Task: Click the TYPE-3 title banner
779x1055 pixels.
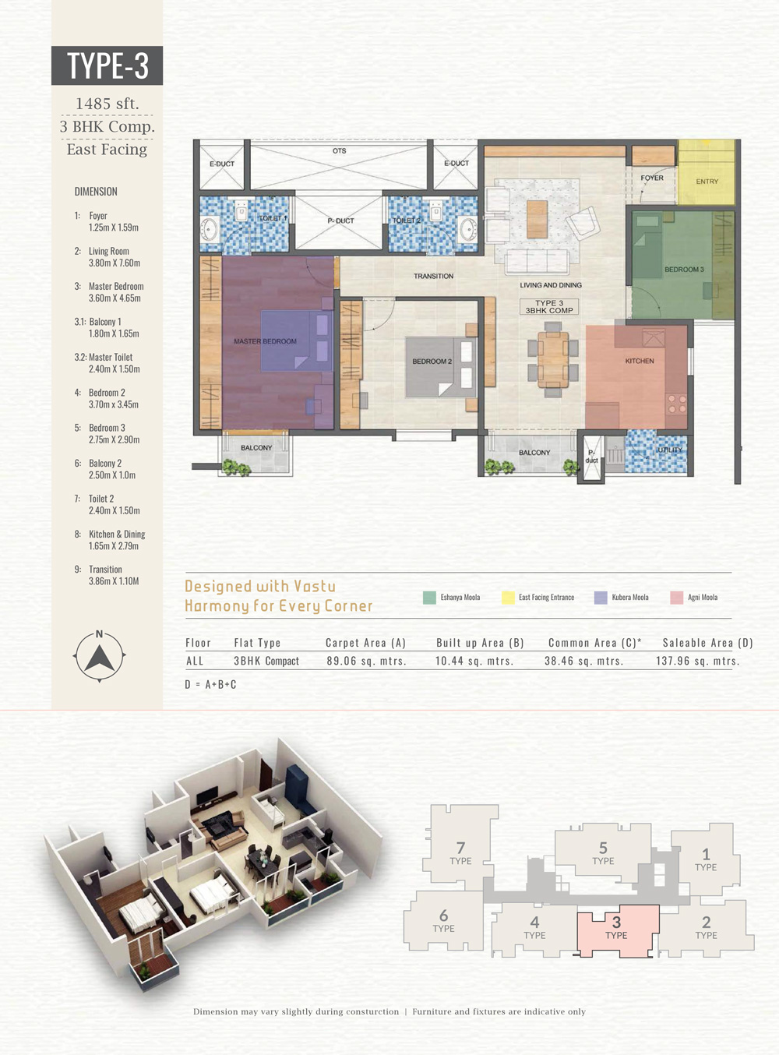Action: point(107,65)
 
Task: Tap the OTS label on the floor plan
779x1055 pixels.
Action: point(339,151)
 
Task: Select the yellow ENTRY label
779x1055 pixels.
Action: point(707,182)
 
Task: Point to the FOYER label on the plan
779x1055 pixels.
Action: point(651,178)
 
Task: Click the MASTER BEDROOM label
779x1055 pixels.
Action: point(265,341)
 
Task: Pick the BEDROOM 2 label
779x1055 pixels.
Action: point(432,361)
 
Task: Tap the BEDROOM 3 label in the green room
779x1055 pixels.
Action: point(684,270)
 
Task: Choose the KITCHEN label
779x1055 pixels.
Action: point(640,361)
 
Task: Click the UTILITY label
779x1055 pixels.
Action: point(670,450)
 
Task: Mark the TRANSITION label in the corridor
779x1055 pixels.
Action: point(433,276)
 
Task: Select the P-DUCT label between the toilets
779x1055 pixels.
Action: point(340,221)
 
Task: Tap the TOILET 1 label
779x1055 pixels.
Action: point(273,218)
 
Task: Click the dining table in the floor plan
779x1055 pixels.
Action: point(552,360)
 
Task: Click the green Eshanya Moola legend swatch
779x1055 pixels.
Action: point(429,598)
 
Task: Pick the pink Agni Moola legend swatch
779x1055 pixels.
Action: point(676,598)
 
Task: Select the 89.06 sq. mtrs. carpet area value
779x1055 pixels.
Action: point(366,661)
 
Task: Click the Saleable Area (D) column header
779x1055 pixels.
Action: point(707,643)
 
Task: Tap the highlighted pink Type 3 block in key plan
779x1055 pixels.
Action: point(619,930)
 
